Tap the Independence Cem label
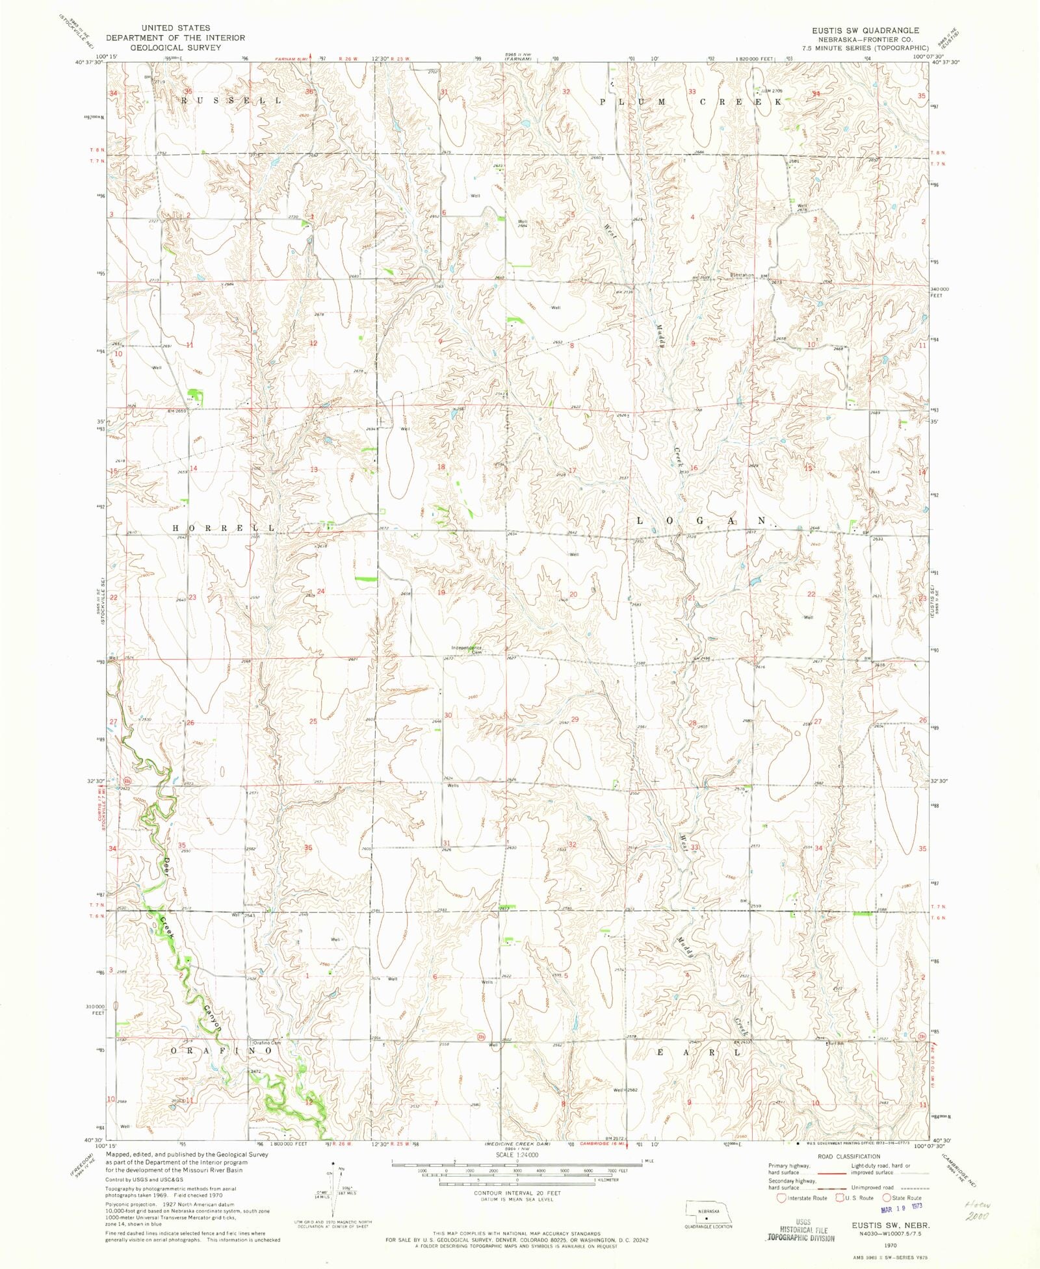[467, 649]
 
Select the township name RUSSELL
[231, 101]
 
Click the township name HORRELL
[223, 528]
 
